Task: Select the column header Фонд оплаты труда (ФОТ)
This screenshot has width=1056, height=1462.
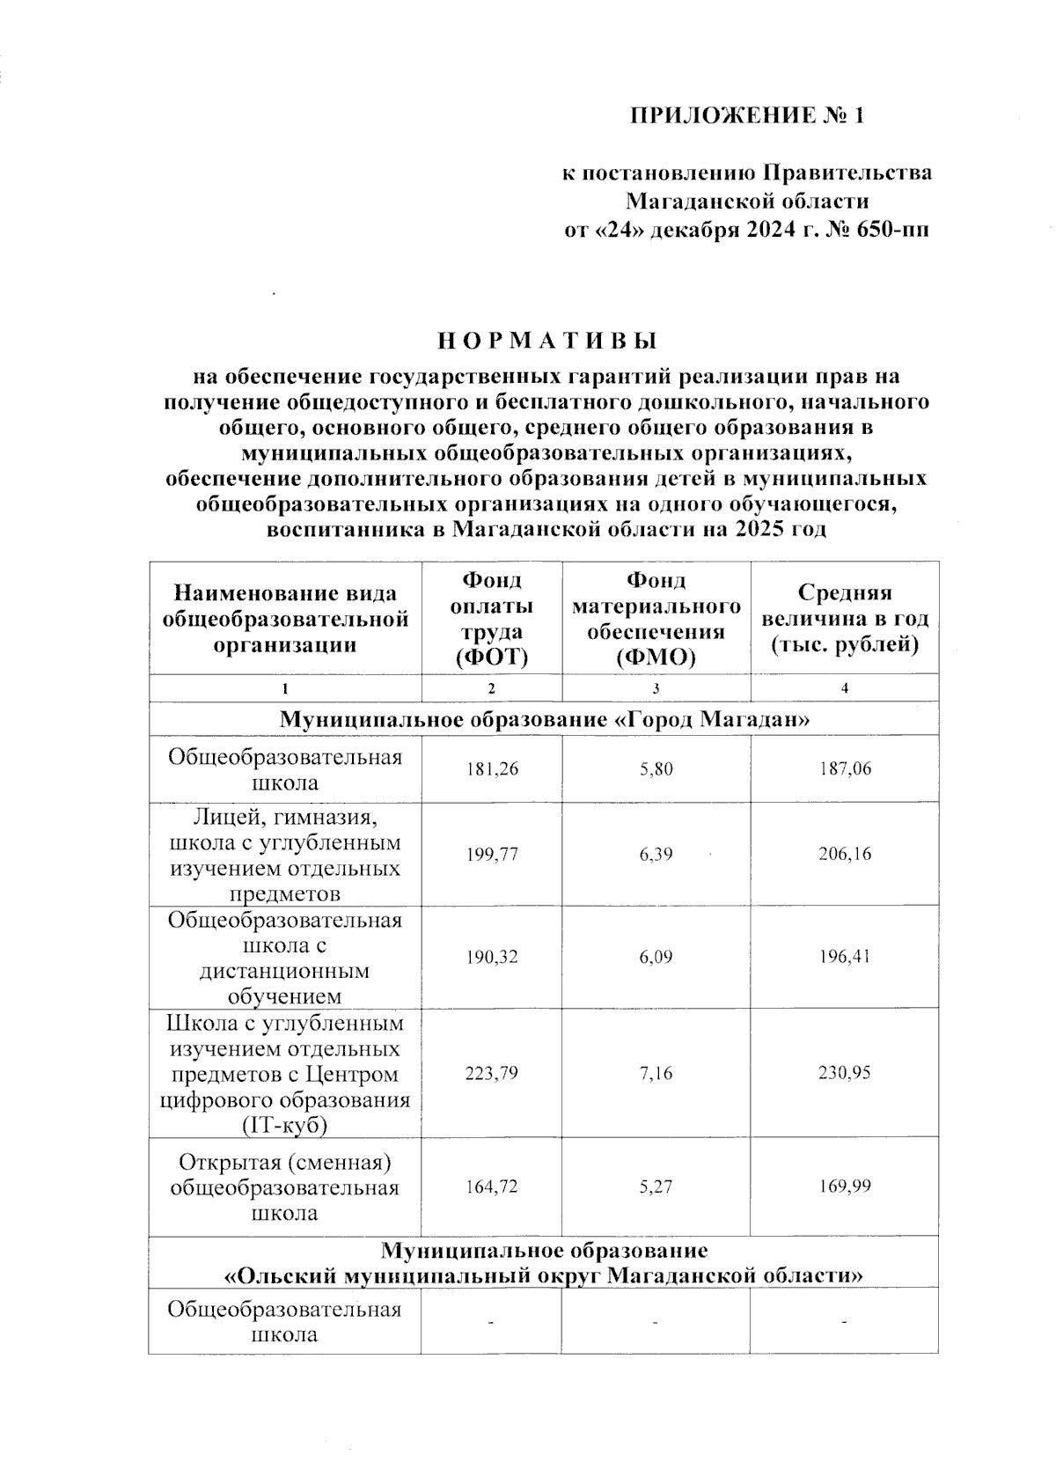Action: pyautogui.click(x=491, y=618)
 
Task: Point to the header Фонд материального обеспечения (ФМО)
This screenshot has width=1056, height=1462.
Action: pyautogui.click(x=656, y=618)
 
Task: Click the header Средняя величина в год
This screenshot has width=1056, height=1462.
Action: pyautogui.click(x=844, y=619)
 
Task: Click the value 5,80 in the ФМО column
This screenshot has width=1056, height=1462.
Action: pyautogui.click(x=656, y=769)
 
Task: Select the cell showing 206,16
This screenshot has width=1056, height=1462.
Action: pyautogui.click(x=844, y=854)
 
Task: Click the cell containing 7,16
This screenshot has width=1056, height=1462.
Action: pyautogui.click(x=656, y=1073)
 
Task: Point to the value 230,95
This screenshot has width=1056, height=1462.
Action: pyautogui.click(x=844, y=1073)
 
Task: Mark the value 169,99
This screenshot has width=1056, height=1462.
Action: pyautogui.click(x=844, y=1186)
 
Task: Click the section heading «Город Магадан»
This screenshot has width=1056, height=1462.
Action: pyautogui.click(x=544, y=720)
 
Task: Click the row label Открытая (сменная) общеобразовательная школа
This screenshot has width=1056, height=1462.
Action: pyautogui.click(x=284, y=1187)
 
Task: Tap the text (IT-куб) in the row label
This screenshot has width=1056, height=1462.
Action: pyautogui.click(x=284, y=1126)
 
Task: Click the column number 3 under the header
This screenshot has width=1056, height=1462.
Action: pyautogui.click(x=656, y=688)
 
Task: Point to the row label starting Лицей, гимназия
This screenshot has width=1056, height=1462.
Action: pyautogui.click(x=284, y=855)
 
